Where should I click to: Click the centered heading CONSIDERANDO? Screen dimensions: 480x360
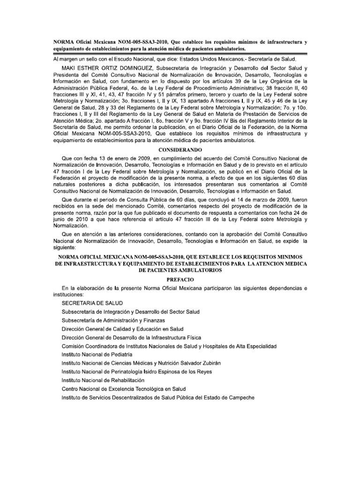click(180, 150)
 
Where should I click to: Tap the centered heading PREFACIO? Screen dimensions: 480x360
click(180, 278)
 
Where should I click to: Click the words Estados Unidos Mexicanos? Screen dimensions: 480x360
click(214, 59)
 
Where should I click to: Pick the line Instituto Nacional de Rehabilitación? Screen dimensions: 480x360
click(103, 380)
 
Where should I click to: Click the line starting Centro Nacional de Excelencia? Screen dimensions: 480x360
click(124, 389)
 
